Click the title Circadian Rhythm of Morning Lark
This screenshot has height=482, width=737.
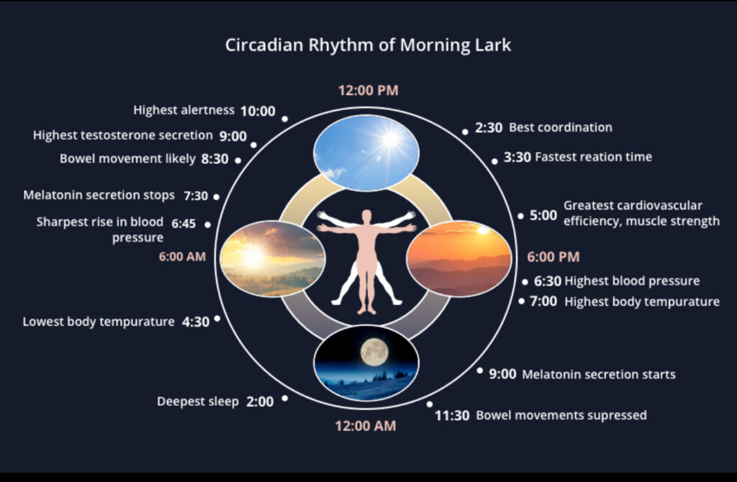tap(368, 45)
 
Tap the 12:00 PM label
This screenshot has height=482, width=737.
tap(368, 90)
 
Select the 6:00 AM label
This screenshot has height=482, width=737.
tap(182, 257)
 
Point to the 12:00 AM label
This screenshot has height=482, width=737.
tap(366, 426)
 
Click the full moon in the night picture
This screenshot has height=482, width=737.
tap(374, 353)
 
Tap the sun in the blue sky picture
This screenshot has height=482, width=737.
tap(389, 140)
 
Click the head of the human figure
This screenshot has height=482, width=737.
tap(366, 217)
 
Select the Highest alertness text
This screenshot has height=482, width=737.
tap(184, 110)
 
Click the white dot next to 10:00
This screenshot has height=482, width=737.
tap(285, 119)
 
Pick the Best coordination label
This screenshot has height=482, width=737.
tap(561, 127)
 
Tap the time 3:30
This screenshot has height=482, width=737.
tap(517, 157)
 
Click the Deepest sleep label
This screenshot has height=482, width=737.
tap(198, 401)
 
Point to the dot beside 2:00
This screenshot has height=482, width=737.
tap(285, 399)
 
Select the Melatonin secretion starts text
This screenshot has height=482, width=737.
tap(599, 374)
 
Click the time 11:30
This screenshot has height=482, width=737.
tap(452, 416)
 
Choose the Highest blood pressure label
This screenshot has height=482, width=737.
tap(632, 281)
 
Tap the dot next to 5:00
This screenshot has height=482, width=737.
tap(521, 216)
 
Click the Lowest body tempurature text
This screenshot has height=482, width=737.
tap(99, 322)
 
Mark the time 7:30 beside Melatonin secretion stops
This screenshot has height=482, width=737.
tap(196, 196)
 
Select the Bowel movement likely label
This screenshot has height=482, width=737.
tap(127, 159)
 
